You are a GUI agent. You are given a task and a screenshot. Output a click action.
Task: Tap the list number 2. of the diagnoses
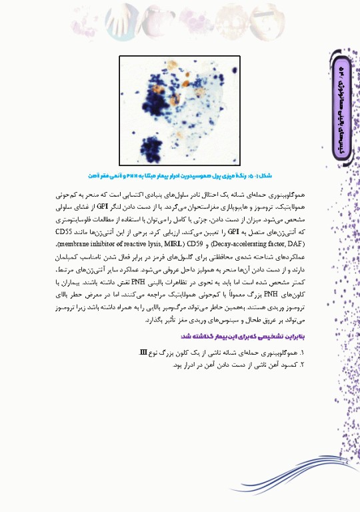[x=302, y=364]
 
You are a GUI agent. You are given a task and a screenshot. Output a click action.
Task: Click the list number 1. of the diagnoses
[x=302, y=351]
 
